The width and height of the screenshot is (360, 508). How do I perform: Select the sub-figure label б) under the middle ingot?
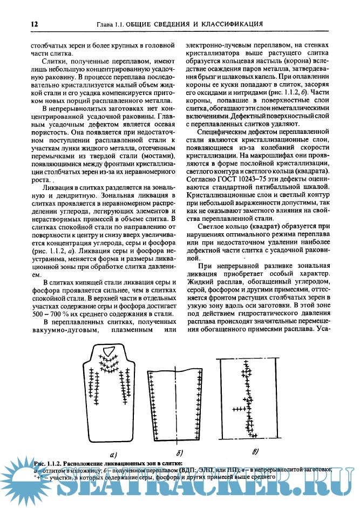point(180,452)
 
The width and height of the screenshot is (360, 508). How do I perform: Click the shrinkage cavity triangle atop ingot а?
point(109,351)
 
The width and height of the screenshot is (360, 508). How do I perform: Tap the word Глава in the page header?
point(105,24)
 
